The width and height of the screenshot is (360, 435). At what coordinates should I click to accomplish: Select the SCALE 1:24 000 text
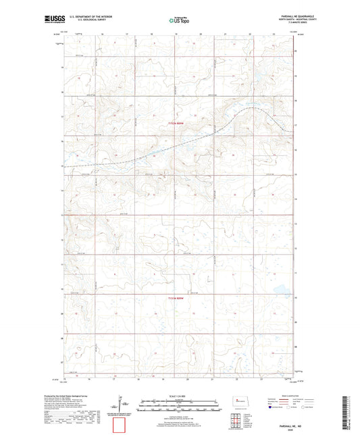point(180,396)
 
